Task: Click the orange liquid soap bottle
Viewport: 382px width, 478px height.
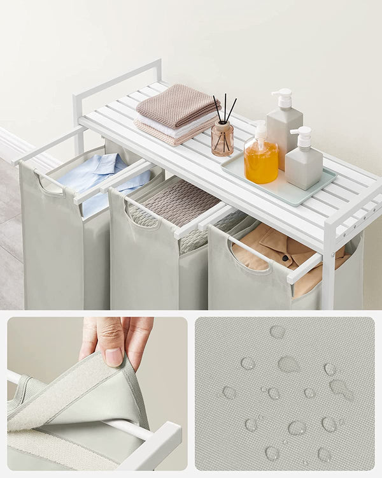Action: pos(261,162)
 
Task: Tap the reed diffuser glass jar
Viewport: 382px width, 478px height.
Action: pos(222,139)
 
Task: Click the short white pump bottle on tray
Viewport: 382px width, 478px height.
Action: pos(303,168)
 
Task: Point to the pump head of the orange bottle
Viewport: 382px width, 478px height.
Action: pos(260,131)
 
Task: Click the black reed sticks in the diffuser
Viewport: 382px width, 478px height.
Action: pos(224,108)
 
